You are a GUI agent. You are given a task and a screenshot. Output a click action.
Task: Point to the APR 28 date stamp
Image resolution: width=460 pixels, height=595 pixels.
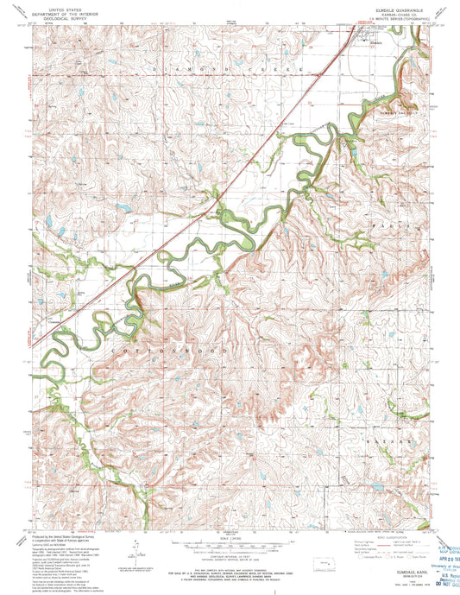(x=436, y=553)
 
